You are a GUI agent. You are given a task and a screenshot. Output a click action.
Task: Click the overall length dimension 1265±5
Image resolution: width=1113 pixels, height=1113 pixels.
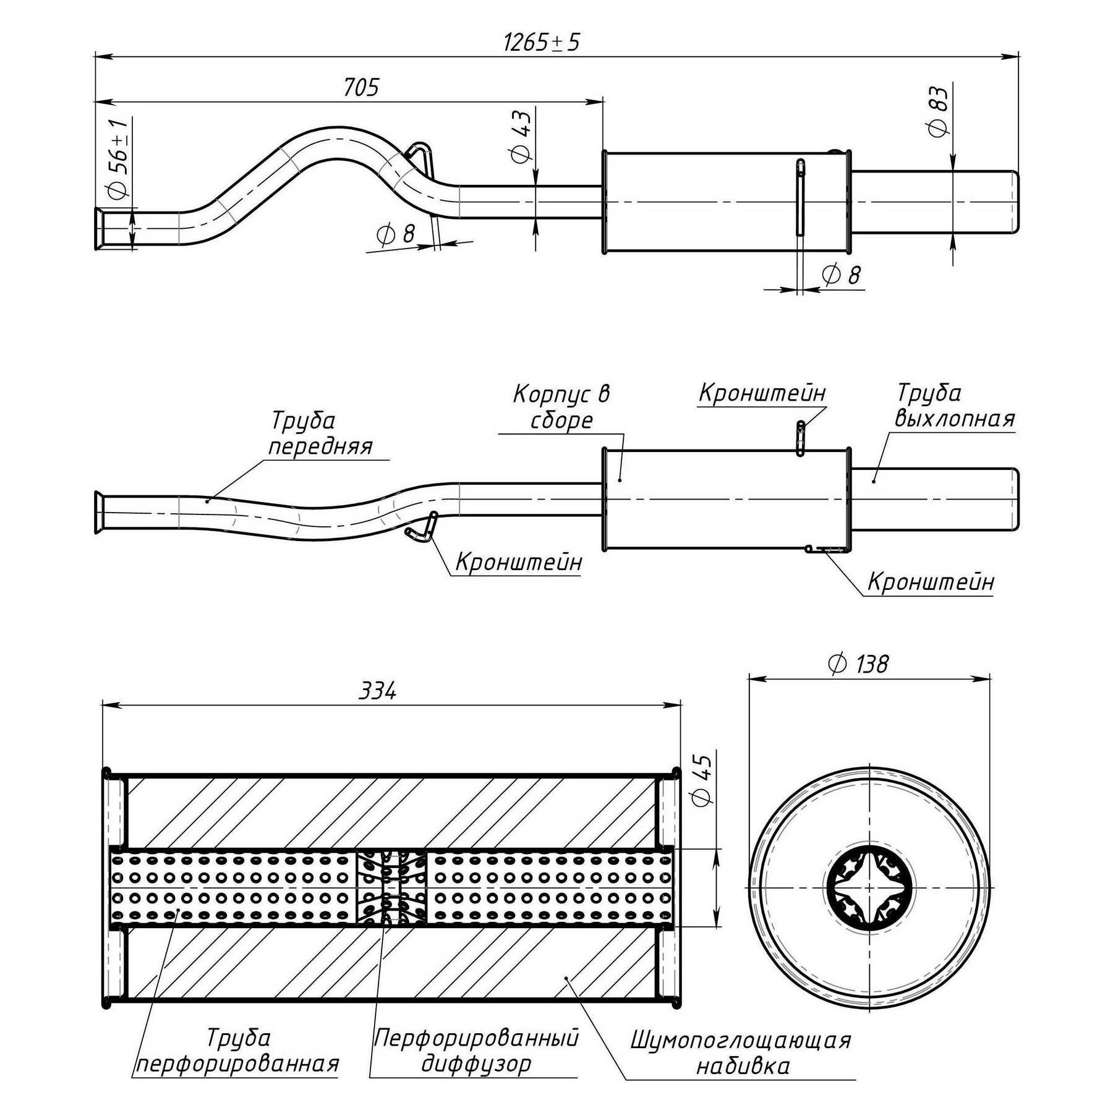542,43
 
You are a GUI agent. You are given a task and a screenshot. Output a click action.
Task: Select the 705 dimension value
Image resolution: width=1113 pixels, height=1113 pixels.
361,88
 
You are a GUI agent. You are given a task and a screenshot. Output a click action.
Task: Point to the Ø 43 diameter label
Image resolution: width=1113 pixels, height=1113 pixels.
521,136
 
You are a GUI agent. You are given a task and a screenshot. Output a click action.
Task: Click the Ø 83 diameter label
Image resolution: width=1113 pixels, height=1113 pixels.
938,111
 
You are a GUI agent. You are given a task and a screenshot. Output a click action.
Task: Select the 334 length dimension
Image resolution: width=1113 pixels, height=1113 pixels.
378,691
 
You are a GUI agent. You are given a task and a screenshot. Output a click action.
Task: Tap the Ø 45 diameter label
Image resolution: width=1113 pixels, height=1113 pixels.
703,780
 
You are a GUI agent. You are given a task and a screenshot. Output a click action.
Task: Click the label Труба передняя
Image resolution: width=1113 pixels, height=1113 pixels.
320,433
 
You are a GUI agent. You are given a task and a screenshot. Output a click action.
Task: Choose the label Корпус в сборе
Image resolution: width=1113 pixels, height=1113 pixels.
561,406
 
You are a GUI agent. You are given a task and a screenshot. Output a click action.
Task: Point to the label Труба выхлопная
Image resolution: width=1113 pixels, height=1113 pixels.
954,406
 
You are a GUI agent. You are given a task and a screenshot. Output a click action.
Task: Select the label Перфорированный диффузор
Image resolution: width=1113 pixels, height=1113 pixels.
476,1051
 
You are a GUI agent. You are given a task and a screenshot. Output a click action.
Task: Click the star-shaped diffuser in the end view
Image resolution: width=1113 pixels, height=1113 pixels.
870,889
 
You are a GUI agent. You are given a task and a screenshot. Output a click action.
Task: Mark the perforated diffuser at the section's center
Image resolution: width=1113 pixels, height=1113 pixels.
391,889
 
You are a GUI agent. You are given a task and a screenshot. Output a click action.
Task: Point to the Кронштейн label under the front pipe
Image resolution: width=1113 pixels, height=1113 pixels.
518,562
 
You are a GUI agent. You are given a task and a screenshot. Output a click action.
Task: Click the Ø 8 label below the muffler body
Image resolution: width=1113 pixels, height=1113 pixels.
841,275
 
